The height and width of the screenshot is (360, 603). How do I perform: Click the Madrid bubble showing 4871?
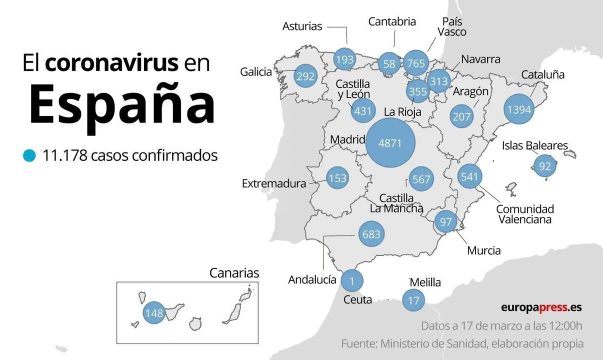click(390, 143)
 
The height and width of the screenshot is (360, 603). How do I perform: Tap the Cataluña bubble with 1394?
click(518, 109)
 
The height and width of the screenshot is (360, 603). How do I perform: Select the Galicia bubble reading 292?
click(305, 76)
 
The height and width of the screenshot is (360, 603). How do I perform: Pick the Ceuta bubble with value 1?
click(351, 281)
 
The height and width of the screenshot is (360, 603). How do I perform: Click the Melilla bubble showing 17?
click(413, 300)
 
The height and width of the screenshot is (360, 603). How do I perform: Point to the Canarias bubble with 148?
click(154, 313)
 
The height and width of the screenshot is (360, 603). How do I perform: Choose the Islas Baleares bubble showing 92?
click(544, 166)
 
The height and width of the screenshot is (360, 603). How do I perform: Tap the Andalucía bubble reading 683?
click(371, 233)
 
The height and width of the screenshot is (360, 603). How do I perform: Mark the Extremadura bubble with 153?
click(338, 178)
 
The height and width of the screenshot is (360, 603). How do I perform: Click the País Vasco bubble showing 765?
click(415, 63)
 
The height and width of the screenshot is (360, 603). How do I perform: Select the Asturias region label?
click(302, 26)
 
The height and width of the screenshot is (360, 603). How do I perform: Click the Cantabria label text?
click(392, 21)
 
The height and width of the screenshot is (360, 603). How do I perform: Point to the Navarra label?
click(480, 59)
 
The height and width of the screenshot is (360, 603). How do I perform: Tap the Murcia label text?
click(483, 250)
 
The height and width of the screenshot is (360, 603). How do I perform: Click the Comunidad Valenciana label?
click(524, 214)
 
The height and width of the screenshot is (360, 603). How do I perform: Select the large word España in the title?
click(121, 105)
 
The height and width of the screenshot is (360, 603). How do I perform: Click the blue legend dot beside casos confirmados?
click(29, 156)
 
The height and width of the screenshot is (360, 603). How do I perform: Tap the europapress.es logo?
click(541, 307)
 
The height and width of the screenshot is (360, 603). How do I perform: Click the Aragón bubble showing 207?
click(461, 116)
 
